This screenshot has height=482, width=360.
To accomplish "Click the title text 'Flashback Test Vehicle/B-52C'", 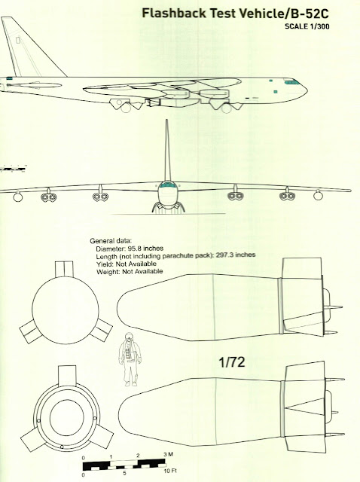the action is [x=235, y=14].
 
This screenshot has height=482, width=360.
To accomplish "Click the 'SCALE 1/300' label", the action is [x=307, y=26].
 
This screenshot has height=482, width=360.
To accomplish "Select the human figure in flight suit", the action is [x=130, y=359].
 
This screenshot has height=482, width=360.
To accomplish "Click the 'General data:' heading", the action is [x=111, y=241].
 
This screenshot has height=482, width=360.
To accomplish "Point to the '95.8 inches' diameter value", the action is [x=145, y=248].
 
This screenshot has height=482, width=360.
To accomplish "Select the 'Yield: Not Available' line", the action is [x=127, y=264].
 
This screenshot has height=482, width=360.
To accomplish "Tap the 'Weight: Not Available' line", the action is [x=130, y=272].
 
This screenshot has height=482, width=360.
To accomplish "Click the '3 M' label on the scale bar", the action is [x=168, y=454].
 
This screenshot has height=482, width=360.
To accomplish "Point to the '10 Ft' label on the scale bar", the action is [x=170, y=471].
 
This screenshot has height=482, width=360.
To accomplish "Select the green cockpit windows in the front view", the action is [x=167, y=185].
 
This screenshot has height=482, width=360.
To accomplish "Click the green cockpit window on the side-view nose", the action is [x=291, y=82].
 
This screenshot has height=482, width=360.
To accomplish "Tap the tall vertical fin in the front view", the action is [x=167, y=151].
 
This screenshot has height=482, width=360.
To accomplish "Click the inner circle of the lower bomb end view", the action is [x=67, y=418].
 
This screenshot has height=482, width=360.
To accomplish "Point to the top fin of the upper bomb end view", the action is [x=64, y=269].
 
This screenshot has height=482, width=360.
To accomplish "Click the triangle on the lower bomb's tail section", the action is [x=305, y=407].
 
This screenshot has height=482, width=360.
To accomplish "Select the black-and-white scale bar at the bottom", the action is [x=124, y=465].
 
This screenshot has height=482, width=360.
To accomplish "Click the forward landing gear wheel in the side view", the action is [x=226, y=108].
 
